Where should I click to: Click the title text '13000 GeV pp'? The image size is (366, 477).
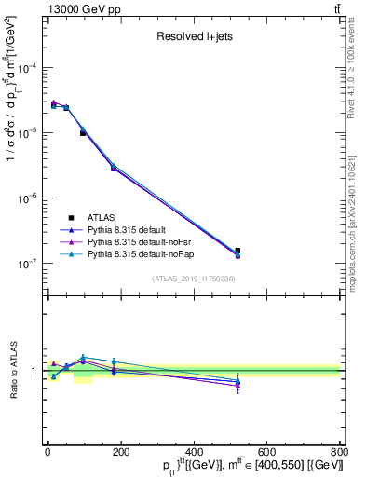74,8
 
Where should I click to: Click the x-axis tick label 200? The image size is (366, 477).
120,452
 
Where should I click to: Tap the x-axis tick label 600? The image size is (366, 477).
266,452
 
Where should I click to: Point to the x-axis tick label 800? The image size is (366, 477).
338,452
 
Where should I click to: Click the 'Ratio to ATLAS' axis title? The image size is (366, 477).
10,371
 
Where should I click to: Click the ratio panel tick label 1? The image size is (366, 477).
33,371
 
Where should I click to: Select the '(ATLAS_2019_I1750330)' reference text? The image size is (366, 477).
193,279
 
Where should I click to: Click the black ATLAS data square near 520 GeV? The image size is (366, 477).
237,251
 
